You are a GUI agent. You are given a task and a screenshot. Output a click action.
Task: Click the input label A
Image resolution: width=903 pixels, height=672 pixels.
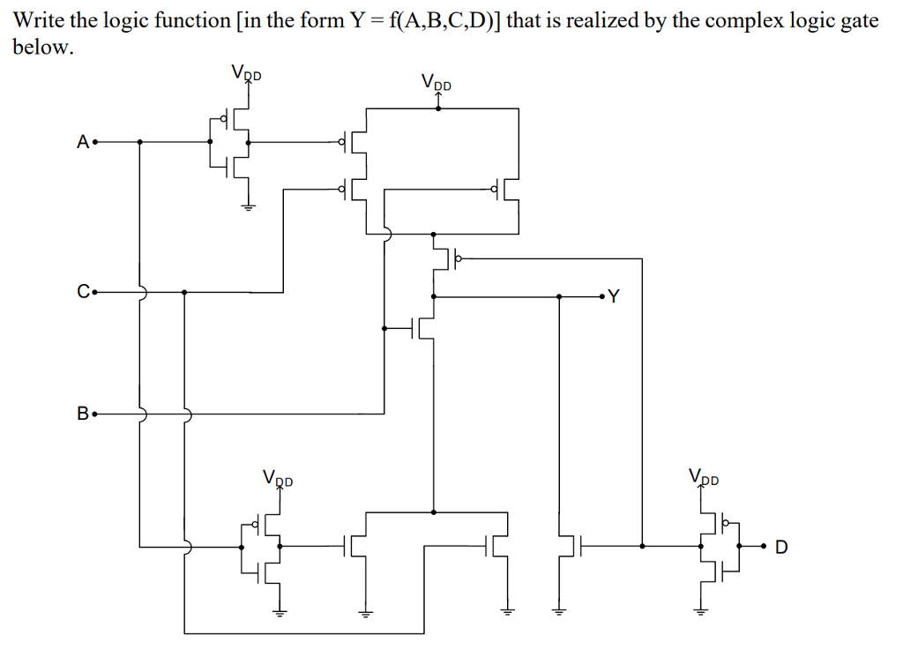(x=82, y=141)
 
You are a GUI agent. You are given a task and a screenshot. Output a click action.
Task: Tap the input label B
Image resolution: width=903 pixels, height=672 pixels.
(x=82, y=413)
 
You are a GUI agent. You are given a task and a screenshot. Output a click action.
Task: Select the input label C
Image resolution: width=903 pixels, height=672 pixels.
(x=82, y=291)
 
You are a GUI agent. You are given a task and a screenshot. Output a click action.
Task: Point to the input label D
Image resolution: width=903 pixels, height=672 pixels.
(x=780, y=548)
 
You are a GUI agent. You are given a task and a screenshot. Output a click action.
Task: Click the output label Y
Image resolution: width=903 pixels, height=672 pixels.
(x=614, y=297)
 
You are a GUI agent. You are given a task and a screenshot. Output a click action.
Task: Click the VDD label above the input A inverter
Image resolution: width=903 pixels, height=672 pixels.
(x=246, y=73)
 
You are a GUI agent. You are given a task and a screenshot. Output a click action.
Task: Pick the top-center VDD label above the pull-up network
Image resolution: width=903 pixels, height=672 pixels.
(x=437, y=84)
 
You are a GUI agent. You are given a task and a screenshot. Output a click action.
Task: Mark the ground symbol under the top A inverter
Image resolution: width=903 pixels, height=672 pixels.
(x=248, y=207)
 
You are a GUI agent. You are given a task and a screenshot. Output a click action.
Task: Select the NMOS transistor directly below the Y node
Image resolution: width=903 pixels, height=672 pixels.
(x=425, y=328)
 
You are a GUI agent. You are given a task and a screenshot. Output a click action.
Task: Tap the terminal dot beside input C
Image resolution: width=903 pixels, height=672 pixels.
(x=94, y=291)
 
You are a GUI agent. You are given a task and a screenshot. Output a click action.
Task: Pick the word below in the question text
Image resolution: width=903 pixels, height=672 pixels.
(x=39, y=47)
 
